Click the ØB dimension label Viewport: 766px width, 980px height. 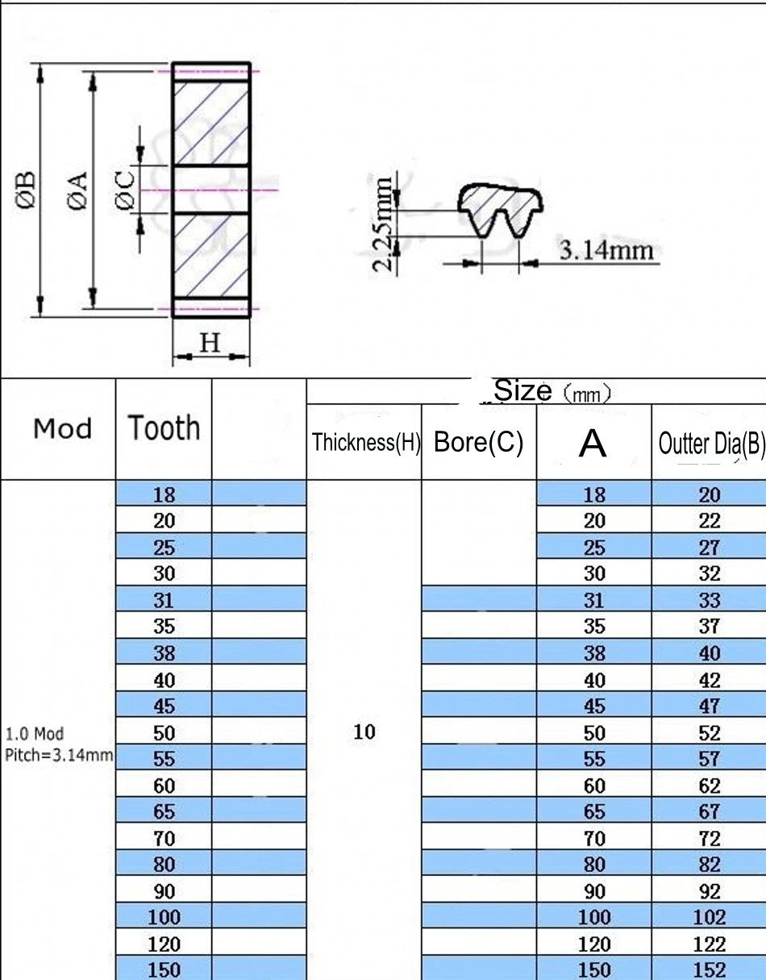pos(25,190)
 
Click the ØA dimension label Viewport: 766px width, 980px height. pos(77,190)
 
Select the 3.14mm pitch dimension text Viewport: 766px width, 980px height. pos(606,250)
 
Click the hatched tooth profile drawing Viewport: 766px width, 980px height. pos(500,211)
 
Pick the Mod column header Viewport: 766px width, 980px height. pos(63,428)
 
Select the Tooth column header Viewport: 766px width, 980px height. pos(164,427)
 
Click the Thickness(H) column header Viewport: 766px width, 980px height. pos(366,442)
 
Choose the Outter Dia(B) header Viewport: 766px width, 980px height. pos(712,444)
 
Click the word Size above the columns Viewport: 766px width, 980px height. pos(522,390)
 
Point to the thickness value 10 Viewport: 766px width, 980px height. pos(364,732)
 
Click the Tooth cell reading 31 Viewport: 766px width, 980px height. pos(164,600)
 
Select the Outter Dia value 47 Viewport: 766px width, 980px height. pos(710,706)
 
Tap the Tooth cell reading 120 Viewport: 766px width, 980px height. pos(164,944)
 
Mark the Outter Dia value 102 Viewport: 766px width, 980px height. pos(710,917)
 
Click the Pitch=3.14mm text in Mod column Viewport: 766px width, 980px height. pos(59,754)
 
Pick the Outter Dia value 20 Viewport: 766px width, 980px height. pos(710,494)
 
